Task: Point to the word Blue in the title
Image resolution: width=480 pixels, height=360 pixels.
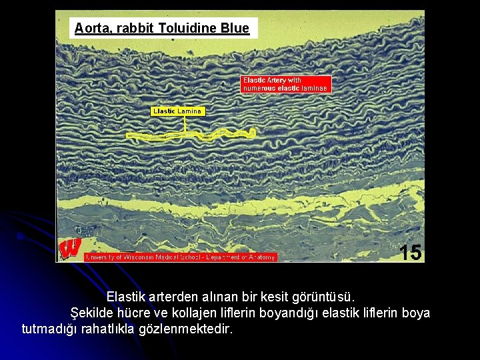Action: coord(235,28)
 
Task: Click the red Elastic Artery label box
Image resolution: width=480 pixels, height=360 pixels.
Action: coord(285,84)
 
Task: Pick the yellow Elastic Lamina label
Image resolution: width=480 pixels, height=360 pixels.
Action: coord(177,111)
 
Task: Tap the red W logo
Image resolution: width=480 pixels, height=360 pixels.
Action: coord(70,248)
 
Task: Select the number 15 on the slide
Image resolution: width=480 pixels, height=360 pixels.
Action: coord(411,252)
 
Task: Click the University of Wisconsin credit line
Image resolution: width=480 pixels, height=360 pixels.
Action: coord(181,257)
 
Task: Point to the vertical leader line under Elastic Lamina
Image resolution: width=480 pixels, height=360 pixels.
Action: coord(185,123)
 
